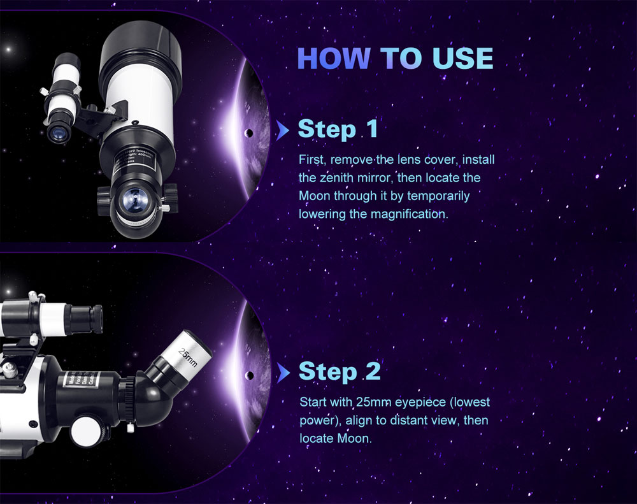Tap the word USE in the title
point(463,58)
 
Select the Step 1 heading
point(338,129)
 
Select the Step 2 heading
point(340,371)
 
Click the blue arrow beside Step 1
point(283,130)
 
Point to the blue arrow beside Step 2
point(283,372)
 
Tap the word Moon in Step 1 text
point(315,196)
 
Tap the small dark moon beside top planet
point(248,134)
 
